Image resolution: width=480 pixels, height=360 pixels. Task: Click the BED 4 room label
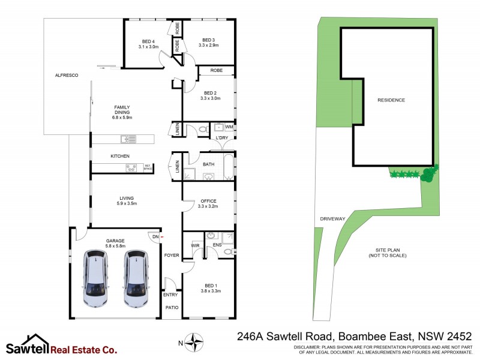[x=148, y=44]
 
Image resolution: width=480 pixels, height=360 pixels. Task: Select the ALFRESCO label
[x=67, y=75]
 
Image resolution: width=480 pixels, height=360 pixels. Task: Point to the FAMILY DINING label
[x=122, y=112]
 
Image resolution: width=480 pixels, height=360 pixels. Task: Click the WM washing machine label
[x=229, y=127]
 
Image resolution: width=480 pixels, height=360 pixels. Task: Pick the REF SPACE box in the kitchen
[x=147, y=168]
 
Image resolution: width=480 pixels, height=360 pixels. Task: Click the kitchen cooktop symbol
[x=130, y=168]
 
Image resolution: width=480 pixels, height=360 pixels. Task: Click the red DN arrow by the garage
[x=161, y=237]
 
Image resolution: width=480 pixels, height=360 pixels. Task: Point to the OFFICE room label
[x=208, y=203]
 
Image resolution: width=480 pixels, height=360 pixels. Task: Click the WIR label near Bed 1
[x=195, y=245]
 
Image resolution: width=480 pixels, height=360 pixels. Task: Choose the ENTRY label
[x=170, y=295]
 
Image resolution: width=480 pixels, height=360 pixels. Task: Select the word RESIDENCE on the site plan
[x=391, y=100]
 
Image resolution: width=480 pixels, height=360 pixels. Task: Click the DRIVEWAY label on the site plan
[x=332, y=219]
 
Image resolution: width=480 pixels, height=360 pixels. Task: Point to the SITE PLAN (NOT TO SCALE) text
[x=388, y=253]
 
